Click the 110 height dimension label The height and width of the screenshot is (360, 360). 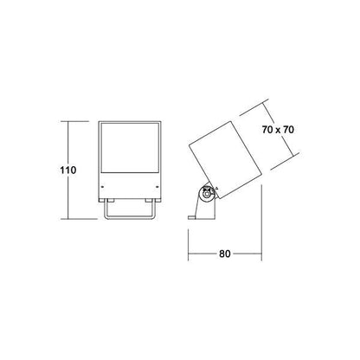(x=68, y=170)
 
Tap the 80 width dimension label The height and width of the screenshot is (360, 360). (x=225, y=254)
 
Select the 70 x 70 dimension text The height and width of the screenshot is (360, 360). (x=278, y=130)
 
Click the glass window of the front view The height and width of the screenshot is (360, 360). (x=130, y=148)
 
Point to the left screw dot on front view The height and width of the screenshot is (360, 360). (x=102, y=187)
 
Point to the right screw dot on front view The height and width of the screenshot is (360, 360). (x=157, y=187)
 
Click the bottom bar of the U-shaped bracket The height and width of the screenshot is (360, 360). (x=130, y=217)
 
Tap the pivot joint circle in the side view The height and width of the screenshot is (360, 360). (x=207, y=194)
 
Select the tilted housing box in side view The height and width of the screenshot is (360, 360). (x=225, y=160)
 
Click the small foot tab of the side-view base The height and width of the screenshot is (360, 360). (x=192, y=217)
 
